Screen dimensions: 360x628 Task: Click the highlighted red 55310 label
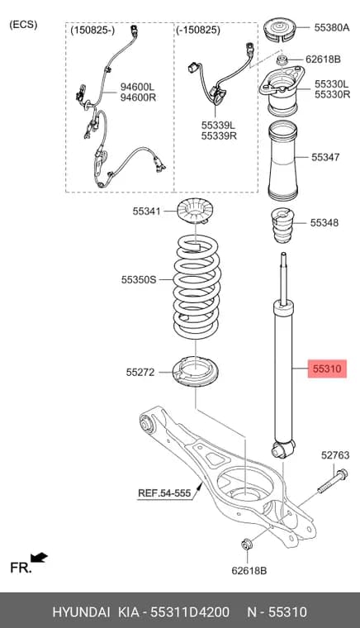pyautogui.click(x=327, y=369)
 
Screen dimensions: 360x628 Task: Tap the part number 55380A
pyautogui.click(x=332, y=27)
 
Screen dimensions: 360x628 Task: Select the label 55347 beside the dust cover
pyautogui.click(x=325, y=157)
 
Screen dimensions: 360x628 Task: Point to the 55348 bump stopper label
pyautogui.click(x=324, y=222)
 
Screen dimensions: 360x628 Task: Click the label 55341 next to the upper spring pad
pyautogui.click(x=146, y=211)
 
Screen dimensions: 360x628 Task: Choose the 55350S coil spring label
pyautogui.click(x=139, y=279)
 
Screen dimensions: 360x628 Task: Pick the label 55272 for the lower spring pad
pyautogui.click(x=140, y=372)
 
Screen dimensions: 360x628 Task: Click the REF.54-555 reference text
pyautogui.click(x=164, y=492)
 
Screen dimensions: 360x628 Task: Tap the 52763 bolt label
pyautogui.click(x=335, y=455)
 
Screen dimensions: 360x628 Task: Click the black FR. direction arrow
pyautogui.click(x=39, y=558)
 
